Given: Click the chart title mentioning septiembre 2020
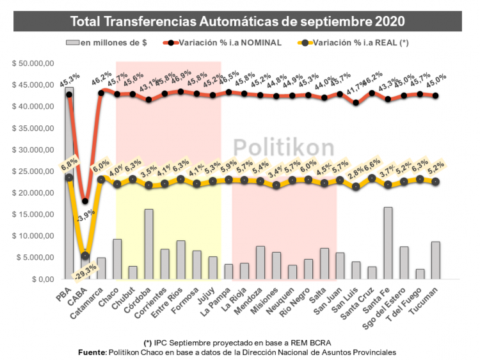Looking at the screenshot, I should tap(237, 20).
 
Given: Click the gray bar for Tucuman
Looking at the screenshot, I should tap(435, 260).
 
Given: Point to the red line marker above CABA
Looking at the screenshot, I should tap(85, 201).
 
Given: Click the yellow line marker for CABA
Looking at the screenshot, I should tap(85, 256).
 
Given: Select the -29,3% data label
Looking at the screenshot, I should tap(83, 268).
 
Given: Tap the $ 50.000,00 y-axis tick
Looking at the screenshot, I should tap(35, 63).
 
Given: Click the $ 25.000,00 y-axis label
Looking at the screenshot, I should tap(35, 171).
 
